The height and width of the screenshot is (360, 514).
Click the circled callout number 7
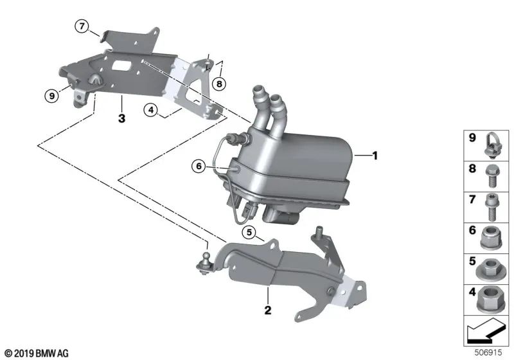(x=81, y=26)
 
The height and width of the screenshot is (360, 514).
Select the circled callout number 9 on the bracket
(x=51, y=96)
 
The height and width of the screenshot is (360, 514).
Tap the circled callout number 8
(x=219, y=83)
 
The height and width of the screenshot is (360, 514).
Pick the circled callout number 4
(x=150, y=110)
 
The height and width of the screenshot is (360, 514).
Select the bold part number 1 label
(x=377, y=155)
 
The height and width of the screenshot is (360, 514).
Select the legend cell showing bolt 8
(x=486, y=175)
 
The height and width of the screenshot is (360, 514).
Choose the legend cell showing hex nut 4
(x=486, y=300)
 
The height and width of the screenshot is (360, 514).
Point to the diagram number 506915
(x=494, y=353)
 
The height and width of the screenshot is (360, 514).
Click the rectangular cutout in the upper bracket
(x=121, y=66)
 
